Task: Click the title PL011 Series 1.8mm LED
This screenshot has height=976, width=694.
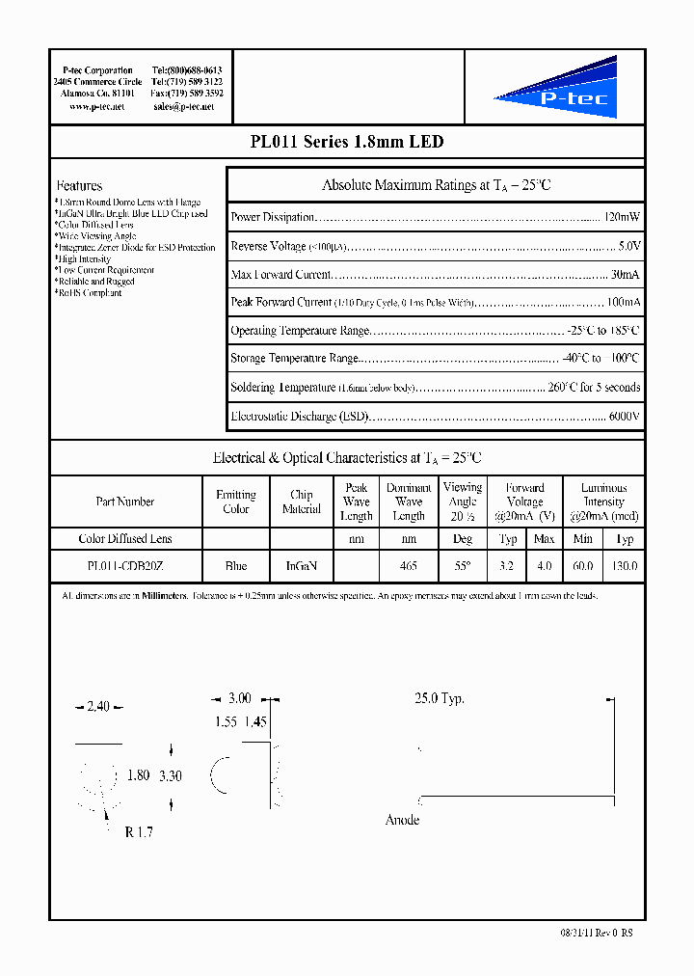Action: pyautogui.click(x=347, y=142)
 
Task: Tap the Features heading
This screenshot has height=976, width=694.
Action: pyautogui.click(x=79, y=185)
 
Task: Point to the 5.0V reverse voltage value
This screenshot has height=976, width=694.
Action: pyautogui.click(x=629, y=246)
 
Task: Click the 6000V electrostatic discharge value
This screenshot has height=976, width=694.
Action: pyautogui.click(x=625, y=417)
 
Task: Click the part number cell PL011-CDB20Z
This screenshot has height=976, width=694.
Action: pyautogui.click(x=125, y=566)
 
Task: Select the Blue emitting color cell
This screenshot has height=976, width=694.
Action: pyautogui.click(x=235, y=566)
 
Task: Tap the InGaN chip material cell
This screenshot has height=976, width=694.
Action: pyautogui.click(x=302, y=566)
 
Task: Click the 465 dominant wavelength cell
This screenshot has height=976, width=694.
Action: pyautogui.click(x=409, y=566)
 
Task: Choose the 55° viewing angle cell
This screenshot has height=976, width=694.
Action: pyautogui.click(x=463, y=566)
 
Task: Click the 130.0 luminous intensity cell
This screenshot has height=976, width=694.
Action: pyautogui.click(x=625, y=566)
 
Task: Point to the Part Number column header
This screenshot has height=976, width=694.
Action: pyautogui.click(x=125, y=502)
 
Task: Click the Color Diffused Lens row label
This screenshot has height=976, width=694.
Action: pyautogui.click(x=125, y=538)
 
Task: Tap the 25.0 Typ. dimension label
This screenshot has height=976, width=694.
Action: pyautogui.click(x=439, y=698)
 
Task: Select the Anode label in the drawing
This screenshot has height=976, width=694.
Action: pyautogui.click(x=402, y=820)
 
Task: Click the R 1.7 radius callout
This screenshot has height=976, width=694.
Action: pyautogui.click(x=139, y=832)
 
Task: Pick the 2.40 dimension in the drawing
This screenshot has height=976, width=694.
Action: pyautogui.click(x=98, y=707)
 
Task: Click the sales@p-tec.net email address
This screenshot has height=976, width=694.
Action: pyautogui.click(x=183, y=107)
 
